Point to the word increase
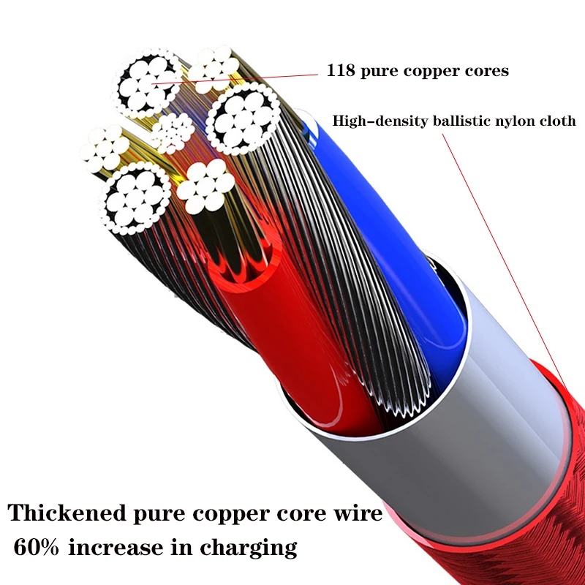pos(117,547)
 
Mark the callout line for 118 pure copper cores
pos(241,78)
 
